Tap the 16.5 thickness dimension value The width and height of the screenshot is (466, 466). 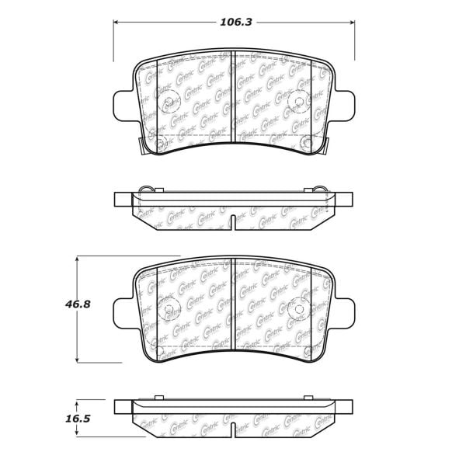78,419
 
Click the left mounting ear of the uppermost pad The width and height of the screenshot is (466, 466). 124,105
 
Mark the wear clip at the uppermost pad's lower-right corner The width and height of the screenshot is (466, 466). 327,145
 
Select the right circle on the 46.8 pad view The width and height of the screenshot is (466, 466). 298,308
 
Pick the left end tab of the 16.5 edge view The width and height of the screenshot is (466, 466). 123,407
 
